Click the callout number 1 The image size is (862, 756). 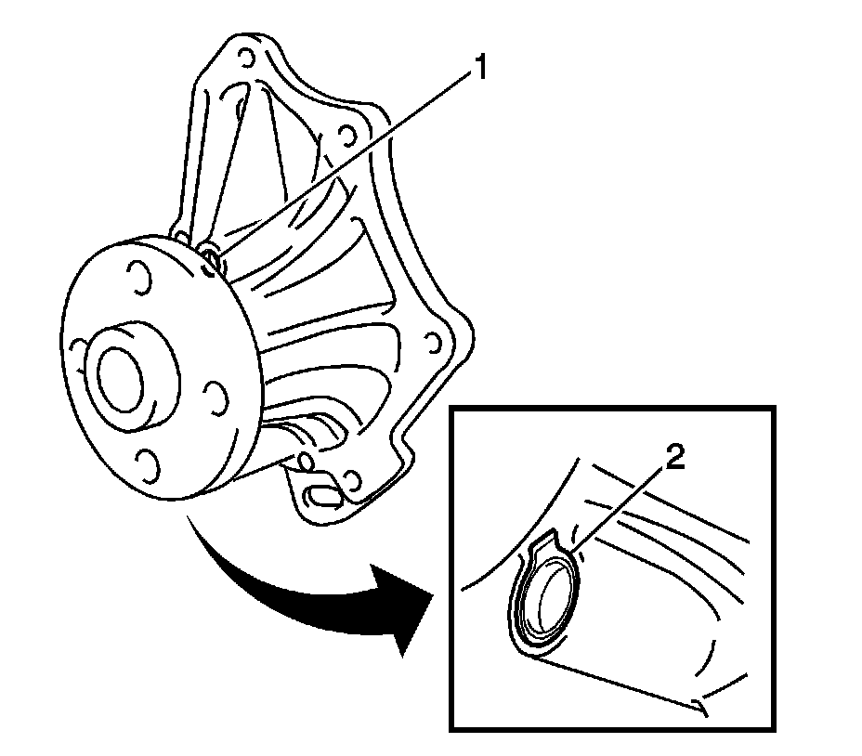pos(479,69)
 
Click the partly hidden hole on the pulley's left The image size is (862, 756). pos(74,350)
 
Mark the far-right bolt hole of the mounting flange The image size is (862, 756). pos(432,345)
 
